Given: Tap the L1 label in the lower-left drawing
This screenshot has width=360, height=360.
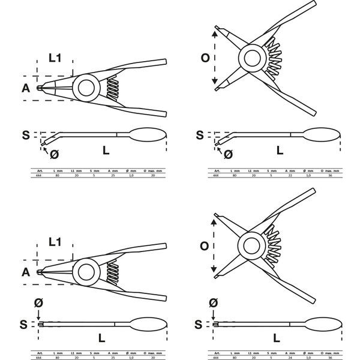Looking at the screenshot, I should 55,242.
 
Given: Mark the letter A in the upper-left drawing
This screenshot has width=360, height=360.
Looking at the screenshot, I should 25,88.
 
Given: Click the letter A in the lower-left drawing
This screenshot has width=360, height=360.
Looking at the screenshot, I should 25,272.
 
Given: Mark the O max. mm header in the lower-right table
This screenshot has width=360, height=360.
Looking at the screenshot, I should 332,351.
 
